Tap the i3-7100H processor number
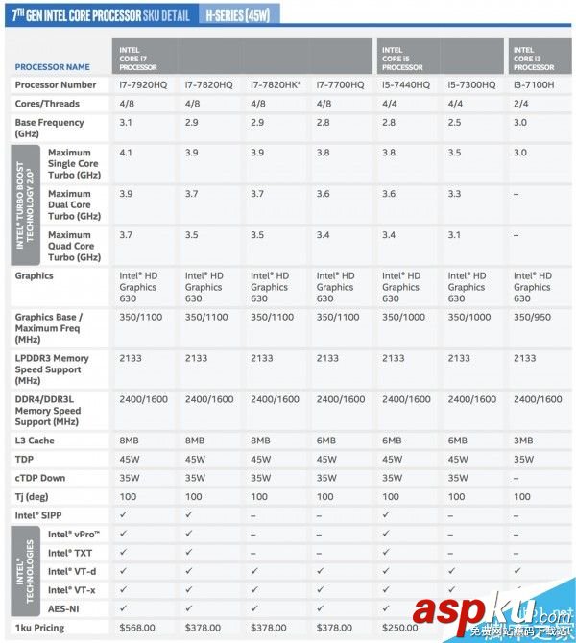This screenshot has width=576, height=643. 534,85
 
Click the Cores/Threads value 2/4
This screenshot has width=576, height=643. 522,104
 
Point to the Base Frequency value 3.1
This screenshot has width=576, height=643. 126,123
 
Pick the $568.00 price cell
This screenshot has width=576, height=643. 136,627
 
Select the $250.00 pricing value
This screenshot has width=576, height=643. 399,627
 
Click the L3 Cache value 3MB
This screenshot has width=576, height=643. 524,441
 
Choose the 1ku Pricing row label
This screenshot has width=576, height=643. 41,627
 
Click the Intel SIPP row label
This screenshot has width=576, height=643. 38,515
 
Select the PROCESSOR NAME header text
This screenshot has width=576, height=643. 53,67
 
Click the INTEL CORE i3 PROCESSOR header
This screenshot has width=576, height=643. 534,59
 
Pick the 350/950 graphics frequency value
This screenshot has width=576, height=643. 531,317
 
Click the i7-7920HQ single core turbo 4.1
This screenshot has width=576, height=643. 126,153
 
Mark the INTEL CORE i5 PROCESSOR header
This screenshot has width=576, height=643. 402,59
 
